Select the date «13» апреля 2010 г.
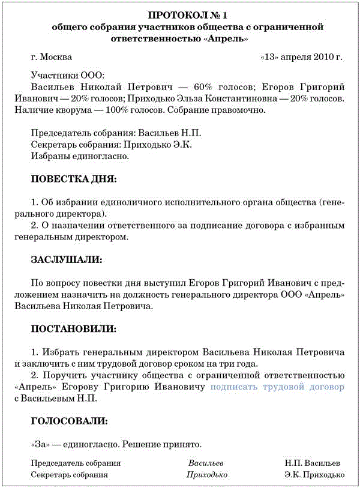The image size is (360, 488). [x=302, y=58]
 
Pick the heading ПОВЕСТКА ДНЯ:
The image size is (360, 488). [x=74, y=179]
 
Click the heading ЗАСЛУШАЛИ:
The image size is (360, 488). [x=66, y=259]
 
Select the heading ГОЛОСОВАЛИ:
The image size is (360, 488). [x=69, y=421]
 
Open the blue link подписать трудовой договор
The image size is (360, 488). [x=277, y=387]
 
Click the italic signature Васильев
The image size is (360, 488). [x=206, y=463]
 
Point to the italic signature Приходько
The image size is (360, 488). [x=207, y=475]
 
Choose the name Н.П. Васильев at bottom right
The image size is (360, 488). [x=312, y=463]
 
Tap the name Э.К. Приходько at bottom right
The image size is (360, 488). [x=314, y=475]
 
